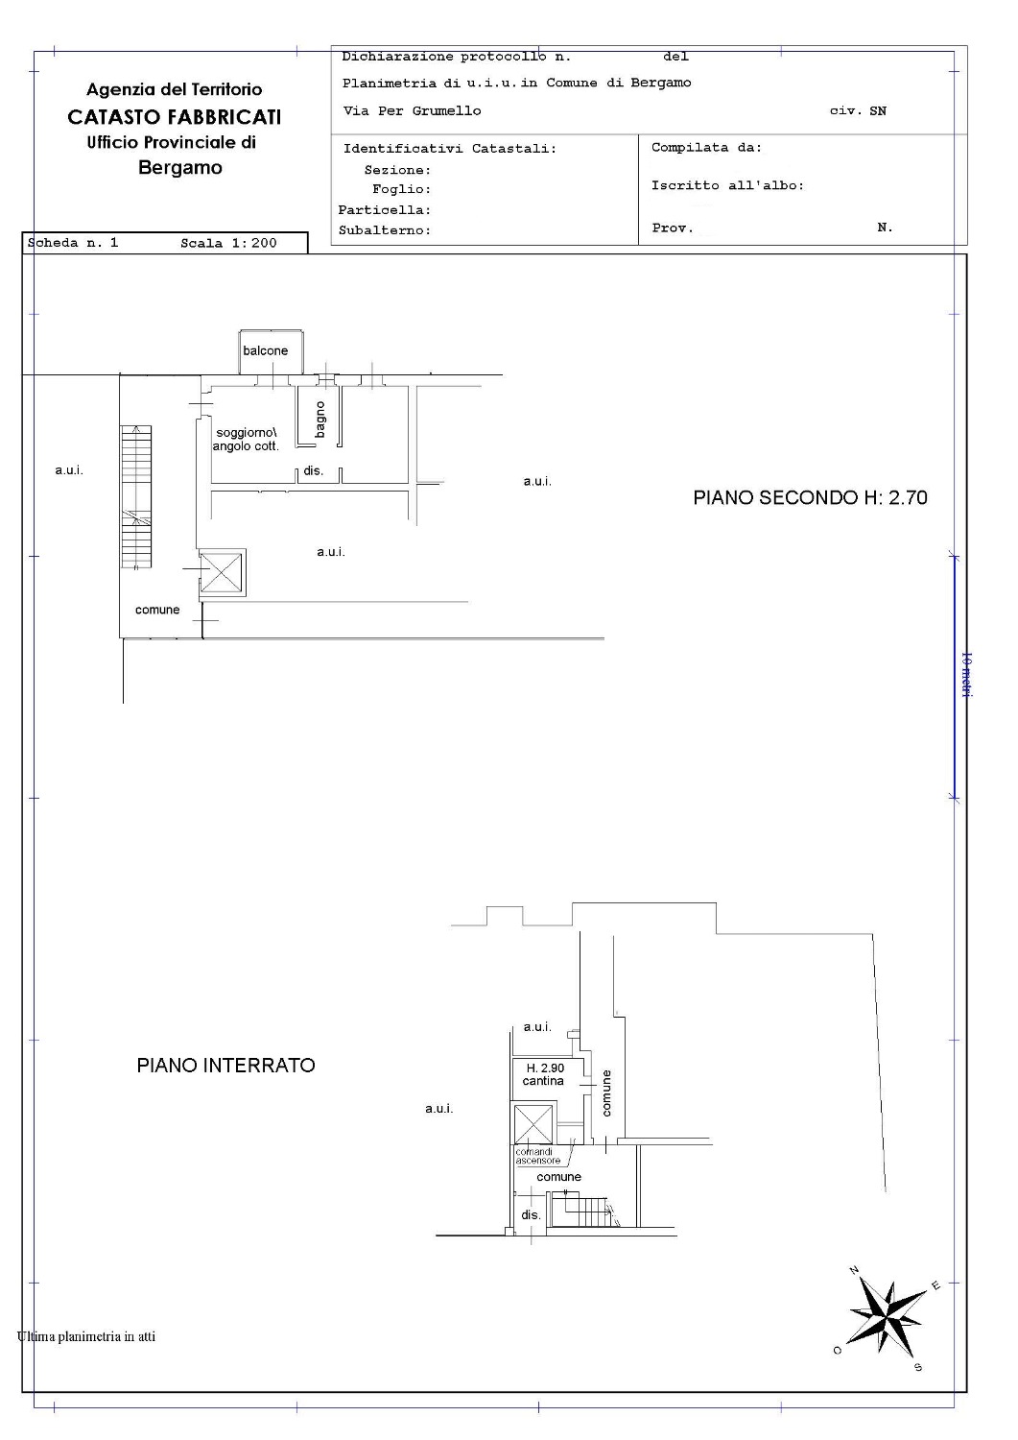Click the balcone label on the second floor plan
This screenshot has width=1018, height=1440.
click(x=265, y=351)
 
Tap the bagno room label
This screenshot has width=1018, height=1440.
click(x=320, y=420)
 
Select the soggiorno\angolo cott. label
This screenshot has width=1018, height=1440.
click(x=246, y=440)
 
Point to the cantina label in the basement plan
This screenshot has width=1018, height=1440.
click(x=543, y=1081)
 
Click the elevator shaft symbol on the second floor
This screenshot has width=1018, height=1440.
click(x=222, y=572)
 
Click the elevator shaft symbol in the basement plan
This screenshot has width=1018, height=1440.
click(x=533, y=1124)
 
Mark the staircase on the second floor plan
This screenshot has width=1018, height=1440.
click(x=136, y=497)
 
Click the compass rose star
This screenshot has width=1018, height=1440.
click(x=886, y=1314)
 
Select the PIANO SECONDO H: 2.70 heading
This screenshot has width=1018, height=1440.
click(x=810, y=497)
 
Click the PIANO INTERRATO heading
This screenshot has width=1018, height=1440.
click(x=225, y=1066)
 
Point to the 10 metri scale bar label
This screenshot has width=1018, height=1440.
click(x=966, y=674)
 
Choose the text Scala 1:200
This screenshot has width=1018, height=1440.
click(x=228, y=243)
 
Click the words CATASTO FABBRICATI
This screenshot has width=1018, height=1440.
click(x=175, y=117)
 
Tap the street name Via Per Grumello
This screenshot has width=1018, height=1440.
click(x=412, y=110)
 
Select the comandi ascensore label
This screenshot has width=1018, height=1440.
click(x=537, y=1157)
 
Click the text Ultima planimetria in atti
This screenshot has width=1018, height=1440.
click(x=86, y=1336)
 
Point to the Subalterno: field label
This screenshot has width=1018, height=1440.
click(x=385, y=230)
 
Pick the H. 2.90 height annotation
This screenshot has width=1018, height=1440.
click(x=545, y=1068)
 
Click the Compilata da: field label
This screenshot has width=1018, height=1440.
click(x=706, y=147)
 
